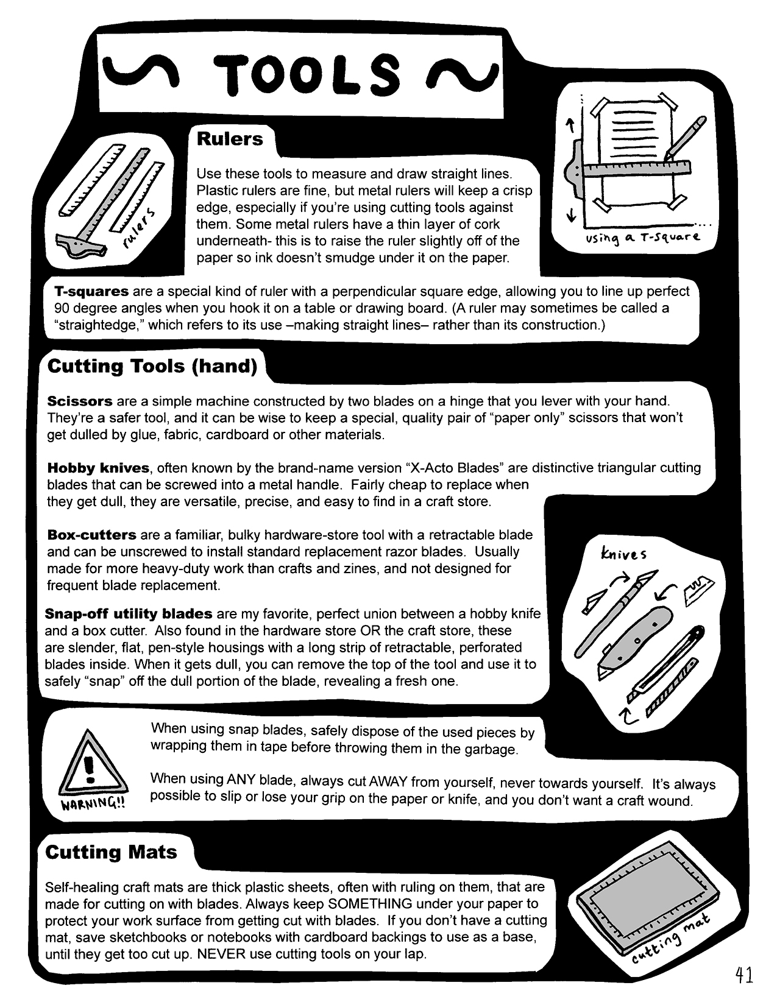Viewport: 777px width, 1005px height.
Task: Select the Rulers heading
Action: [229, 139]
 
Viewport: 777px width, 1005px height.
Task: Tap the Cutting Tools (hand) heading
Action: [152, 366]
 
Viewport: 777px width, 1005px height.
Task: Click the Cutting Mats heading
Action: [111, 852]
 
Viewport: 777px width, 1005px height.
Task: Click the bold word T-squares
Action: [91, 291]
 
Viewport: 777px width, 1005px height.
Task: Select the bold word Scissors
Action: [80, 401]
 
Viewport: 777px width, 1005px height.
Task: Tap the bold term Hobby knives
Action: [98, 468]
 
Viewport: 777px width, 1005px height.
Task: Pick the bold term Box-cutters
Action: [92, 535]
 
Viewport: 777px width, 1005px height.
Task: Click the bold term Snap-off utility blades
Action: [129, 613]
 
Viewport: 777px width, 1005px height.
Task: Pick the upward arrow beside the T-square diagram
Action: [570, 125]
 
